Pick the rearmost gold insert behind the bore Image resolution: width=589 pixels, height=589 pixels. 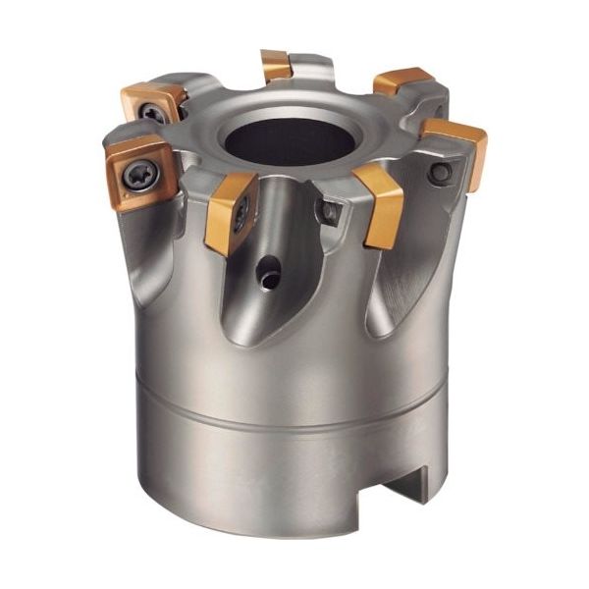tap(276, 65)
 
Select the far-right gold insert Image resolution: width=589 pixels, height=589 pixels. tap(455, 147)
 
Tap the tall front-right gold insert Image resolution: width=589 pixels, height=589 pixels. tap(380, 204)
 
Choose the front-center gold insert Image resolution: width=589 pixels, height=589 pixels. tap(232, 210)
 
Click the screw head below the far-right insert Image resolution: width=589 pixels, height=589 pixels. tap(442, 173)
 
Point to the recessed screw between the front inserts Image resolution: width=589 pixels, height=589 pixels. tap(330, 209)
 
